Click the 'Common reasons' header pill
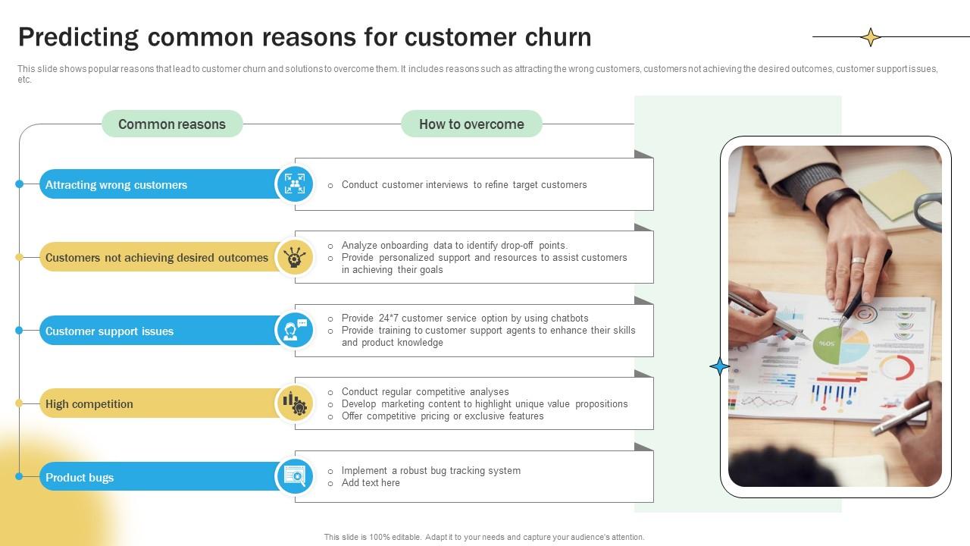point(172,124)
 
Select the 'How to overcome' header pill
point(471,124)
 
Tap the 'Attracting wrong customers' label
point(116,185)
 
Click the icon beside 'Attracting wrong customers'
point(294,184)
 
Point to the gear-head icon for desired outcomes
point(294,257)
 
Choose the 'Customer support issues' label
point(109,331)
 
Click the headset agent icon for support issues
point(294,331)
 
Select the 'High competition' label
point(89,404)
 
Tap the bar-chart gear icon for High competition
point(294,403)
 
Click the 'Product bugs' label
point(80,478)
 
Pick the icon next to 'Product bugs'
point(294,476)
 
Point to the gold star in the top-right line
point(871,36)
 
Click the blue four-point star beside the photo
point(719,367)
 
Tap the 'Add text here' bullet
point(371,483)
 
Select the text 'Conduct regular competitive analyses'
point(425,392)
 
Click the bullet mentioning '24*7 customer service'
point(465,318)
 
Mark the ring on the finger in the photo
point(858,261)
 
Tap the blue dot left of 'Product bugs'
point(20,477)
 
